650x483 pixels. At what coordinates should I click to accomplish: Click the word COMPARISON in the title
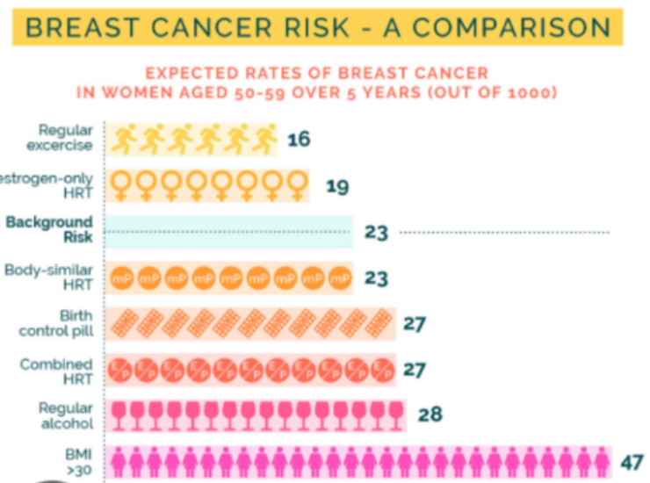pos(512,26)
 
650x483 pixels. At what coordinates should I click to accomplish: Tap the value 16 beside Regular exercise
pos(299,139)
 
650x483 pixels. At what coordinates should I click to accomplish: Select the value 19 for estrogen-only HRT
pos(338,185)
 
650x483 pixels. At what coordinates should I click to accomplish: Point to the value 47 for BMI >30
pos(631,460)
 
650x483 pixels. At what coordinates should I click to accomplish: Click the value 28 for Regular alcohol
pos(430,414)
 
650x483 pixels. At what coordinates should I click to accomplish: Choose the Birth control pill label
pos(61,322)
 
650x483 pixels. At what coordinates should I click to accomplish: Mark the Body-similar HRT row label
pos(49,277)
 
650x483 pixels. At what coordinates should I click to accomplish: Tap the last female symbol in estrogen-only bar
pos(298,185)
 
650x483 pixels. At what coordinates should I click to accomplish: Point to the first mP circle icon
pos(122,278)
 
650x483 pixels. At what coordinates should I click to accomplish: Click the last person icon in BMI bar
pos(600,460)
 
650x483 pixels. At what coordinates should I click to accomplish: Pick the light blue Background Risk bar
pos(228,232)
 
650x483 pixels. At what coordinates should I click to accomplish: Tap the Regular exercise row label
pos(65,138)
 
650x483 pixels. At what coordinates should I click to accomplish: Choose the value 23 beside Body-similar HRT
pos(376,278)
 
